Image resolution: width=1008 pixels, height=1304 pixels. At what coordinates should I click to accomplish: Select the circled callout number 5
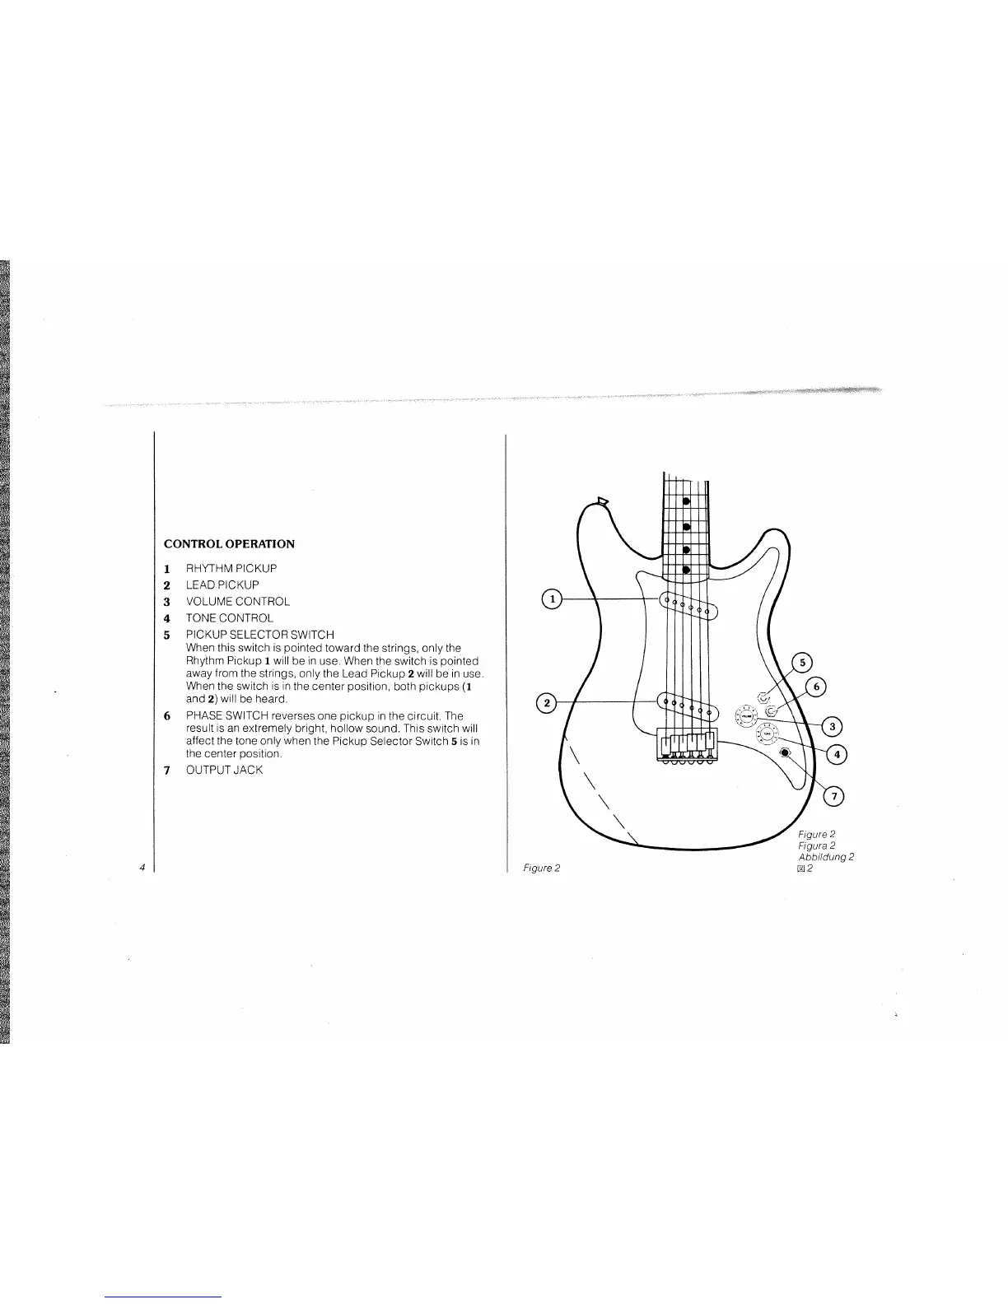pos(802,664)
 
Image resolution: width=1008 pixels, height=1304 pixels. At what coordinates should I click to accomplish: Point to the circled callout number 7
pos(834,795)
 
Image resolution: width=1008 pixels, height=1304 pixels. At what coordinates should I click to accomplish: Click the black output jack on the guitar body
pos(785,752)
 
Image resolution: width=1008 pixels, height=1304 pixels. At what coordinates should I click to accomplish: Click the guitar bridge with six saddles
pos(686,743)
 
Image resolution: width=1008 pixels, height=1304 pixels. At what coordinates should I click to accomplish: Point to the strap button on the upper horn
pos(602,500)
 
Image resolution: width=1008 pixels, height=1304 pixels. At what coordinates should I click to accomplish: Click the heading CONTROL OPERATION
pos(229,544)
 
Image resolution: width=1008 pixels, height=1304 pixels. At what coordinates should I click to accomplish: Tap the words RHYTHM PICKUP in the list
pos(231,569)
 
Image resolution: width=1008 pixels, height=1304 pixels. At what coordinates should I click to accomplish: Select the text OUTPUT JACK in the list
pos(224,771)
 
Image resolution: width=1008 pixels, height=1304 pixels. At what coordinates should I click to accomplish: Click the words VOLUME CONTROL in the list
pos(237,602)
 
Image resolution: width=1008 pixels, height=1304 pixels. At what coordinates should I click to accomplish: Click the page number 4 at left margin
pos(142,867)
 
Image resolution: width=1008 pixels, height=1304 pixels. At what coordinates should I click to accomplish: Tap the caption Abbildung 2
pos(826,856)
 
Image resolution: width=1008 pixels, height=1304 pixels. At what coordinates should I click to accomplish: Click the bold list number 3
pos(166,602)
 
